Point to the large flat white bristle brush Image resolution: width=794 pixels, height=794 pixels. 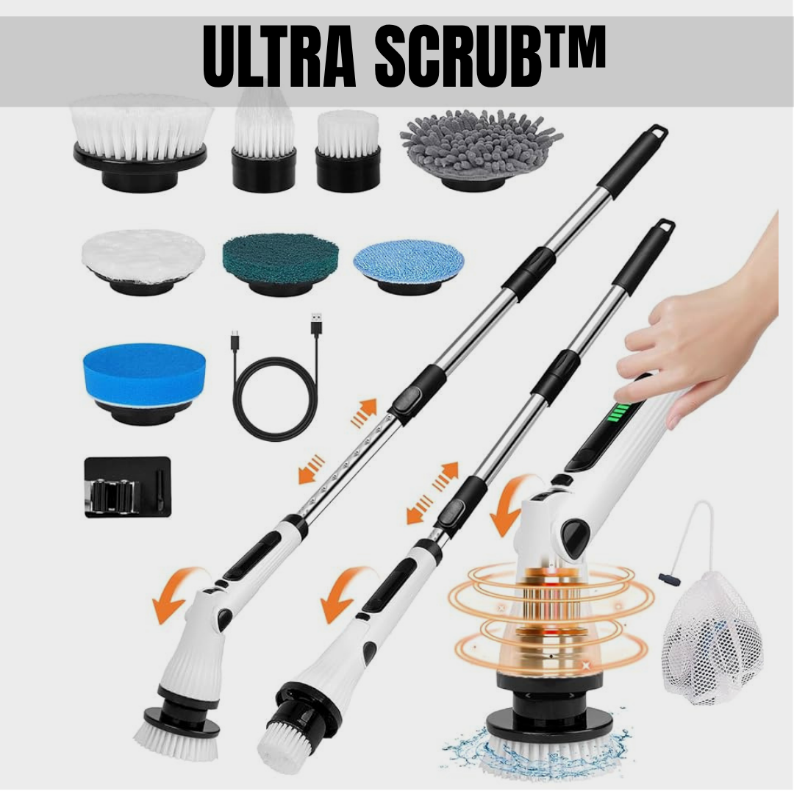[141, 135]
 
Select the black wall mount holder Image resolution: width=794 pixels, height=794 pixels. [127, 486]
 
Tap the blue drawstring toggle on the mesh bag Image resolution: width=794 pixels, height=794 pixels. [669, 579]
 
